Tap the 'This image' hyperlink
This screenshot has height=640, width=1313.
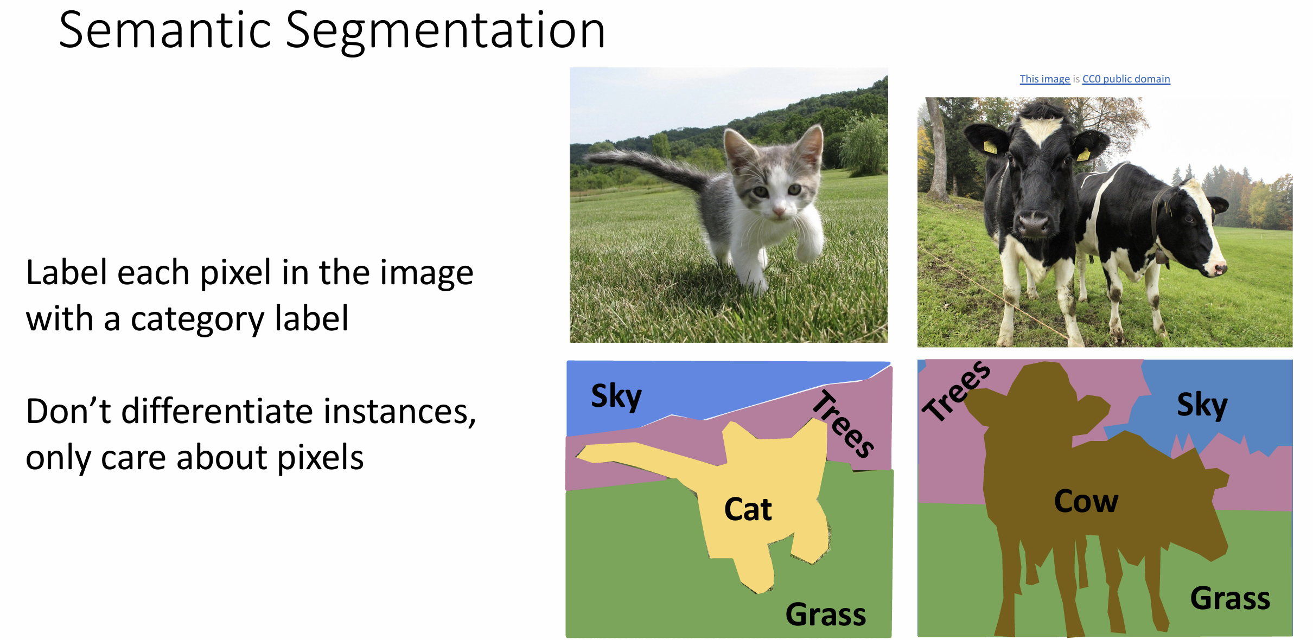1044,79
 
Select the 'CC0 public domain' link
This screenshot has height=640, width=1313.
1126,79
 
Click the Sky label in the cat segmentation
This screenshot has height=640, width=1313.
616,396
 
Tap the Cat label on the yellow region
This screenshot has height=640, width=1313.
748,509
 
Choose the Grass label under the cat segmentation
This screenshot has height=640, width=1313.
825,615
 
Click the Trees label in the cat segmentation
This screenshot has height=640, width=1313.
843,424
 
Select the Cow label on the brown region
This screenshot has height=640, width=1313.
1086,501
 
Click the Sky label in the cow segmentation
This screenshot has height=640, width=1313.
1202,405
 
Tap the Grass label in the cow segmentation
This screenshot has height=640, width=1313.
1230,598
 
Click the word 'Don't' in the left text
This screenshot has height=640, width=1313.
68,411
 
